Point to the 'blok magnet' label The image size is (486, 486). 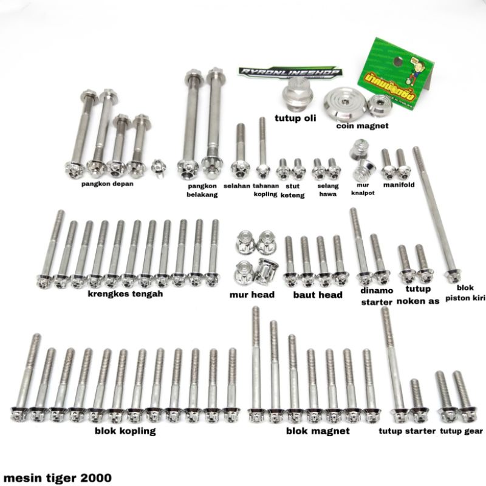pos(318,431)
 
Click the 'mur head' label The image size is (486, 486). pos(252,295)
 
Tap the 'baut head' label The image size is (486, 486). pos(318,295)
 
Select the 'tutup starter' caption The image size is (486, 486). pos(407,431)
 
